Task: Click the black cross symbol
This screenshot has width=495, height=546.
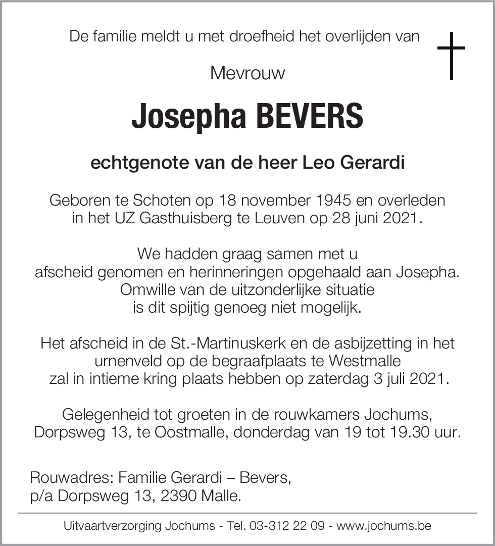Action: (x=451, y=56)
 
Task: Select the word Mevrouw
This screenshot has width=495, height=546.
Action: (x=247, y=73)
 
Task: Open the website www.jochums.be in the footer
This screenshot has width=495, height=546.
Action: (x=384, y=526)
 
